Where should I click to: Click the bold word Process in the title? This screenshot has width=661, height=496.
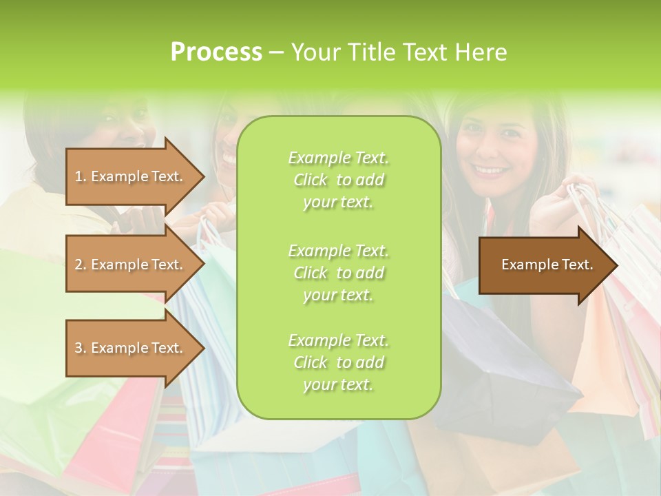(x=216, y=52)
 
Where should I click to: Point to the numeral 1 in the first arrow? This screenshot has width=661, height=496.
(x=78, y=177)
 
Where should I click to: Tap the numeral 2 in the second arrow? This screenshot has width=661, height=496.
(x=78, y=265)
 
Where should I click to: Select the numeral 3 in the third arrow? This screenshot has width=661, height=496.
(x=78, y=349)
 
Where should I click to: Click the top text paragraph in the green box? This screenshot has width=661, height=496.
(x=338, y=180)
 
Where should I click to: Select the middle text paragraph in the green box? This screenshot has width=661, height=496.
(x=338, y=272)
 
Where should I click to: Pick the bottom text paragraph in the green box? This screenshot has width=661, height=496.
(x=338, y=362)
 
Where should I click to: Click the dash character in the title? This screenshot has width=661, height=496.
(x=277, y=53)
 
